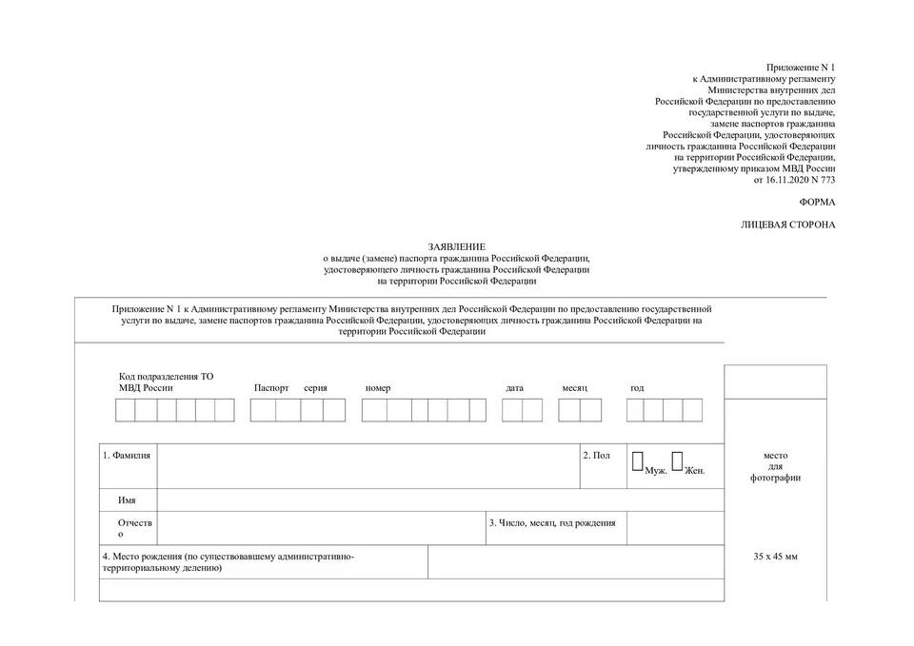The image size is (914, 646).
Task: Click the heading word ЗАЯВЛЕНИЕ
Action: click(x=457, y=245)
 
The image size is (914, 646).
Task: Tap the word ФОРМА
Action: click(x=817, y=202)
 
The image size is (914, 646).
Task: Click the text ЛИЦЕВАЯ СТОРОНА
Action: click(x=788, y=225)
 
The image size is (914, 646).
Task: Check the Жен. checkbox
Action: click(x=677, y=461)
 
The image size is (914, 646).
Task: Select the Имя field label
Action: click(x=127, y=499)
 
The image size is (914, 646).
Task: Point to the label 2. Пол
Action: click(x=597, y=456)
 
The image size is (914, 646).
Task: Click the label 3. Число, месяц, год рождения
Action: click(x=552, y=522)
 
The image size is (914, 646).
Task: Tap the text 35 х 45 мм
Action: click(x=775, y=555)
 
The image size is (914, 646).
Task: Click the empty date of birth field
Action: click(x=674, y=528)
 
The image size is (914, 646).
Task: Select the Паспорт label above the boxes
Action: click(x=270, y=388)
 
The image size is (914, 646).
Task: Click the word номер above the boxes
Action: click(x=378, y=388)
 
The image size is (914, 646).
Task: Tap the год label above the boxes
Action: click(x=637, y=388)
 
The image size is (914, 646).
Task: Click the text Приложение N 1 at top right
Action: click(x=801, y=67)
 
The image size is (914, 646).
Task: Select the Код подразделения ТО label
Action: click(x=166, y=376)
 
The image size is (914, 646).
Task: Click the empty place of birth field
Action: click(x=576, y=561)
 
